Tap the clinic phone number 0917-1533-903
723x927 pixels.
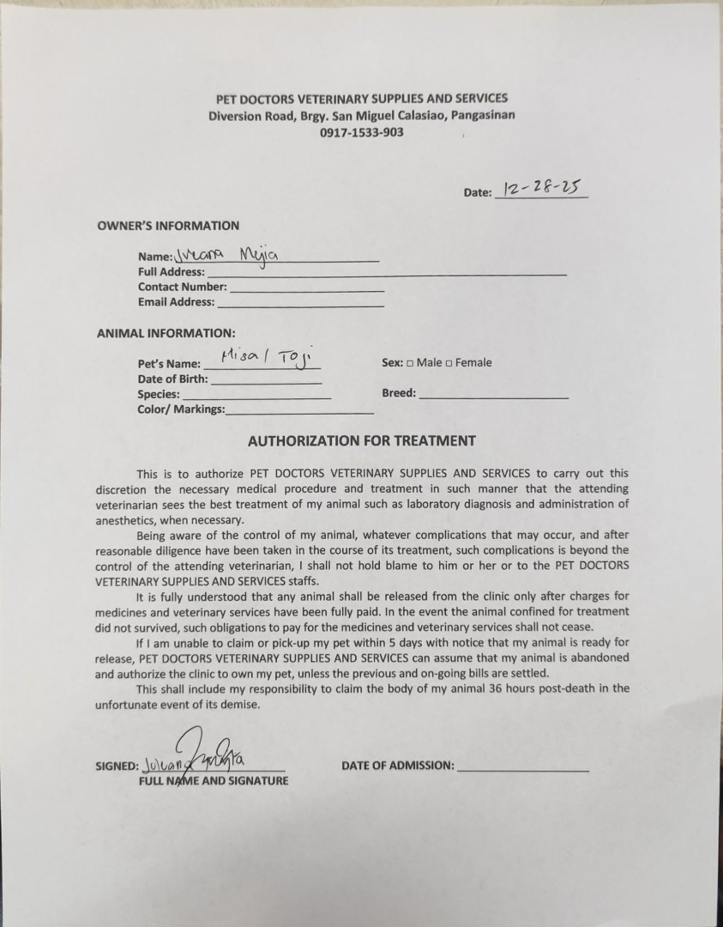[362, 132]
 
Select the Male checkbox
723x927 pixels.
[410, 363]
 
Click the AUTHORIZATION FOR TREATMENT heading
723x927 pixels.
[361, 440]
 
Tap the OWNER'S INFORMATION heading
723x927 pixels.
[168, 226]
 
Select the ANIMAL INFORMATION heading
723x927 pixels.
[166, 333]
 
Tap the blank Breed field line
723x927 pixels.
[493, 396]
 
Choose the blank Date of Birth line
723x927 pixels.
[266, 380]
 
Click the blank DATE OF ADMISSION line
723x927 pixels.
[523, 767]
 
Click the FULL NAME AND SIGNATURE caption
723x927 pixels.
[214, 781]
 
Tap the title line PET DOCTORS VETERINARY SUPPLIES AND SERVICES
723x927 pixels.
[361, 99]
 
